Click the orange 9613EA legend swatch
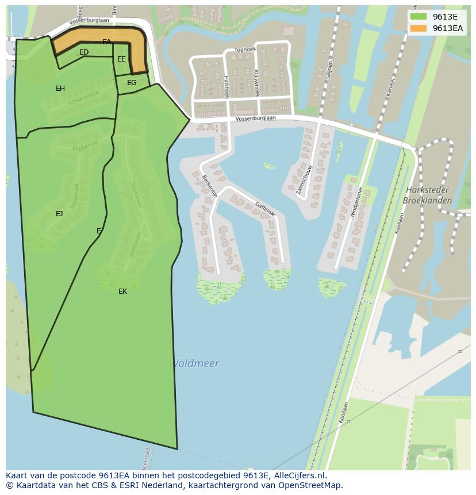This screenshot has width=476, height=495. coord(418,28)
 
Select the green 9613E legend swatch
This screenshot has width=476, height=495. coord(418,17)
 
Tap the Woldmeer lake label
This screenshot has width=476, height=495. coord(195,363)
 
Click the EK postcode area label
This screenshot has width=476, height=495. coord(122,291)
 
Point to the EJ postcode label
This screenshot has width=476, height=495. coord(59,214)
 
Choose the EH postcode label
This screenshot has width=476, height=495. coord(60,89)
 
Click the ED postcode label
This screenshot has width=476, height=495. coord(84,52)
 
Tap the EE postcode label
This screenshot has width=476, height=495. coord(121,59)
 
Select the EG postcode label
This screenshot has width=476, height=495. coord(132,83)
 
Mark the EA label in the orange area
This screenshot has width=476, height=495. coord(106,42)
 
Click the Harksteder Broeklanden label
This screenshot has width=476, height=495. coord(427,195)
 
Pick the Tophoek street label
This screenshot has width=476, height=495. coord(245,49)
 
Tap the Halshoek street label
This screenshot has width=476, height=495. coord(227,87)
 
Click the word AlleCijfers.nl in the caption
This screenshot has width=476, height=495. coord(300,475)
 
